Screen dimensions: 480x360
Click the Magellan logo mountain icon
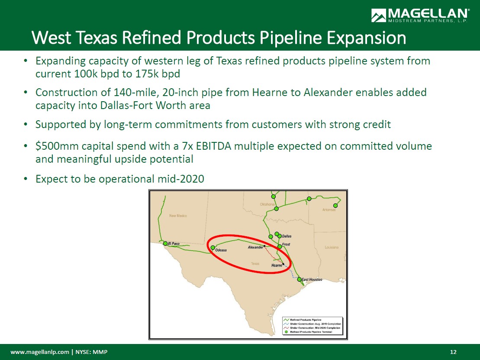coord(378,15)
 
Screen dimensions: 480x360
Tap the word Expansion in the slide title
coord(366,38)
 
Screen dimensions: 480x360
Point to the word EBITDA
coord(213,146)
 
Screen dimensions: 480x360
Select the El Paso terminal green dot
coord(165,244)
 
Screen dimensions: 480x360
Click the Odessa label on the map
coord(221,251)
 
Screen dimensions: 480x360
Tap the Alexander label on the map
coord(255,247)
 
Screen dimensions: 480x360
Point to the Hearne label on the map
coord(277,265)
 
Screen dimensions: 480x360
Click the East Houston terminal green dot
coord(300,280)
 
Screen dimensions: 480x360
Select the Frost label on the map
coord(286,244)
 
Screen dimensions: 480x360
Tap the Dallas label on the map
coord(287,236)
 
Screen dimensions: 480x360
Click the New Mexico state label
coord(178,216)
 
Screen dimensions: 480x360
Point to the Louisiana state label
coord(332,247)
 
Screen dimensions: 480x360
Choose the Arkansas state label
coord(329,210)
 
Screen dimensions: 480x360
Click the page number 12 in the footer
coord(453,352)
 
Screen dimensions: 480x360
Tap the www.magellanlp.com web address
coord(40,352)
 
